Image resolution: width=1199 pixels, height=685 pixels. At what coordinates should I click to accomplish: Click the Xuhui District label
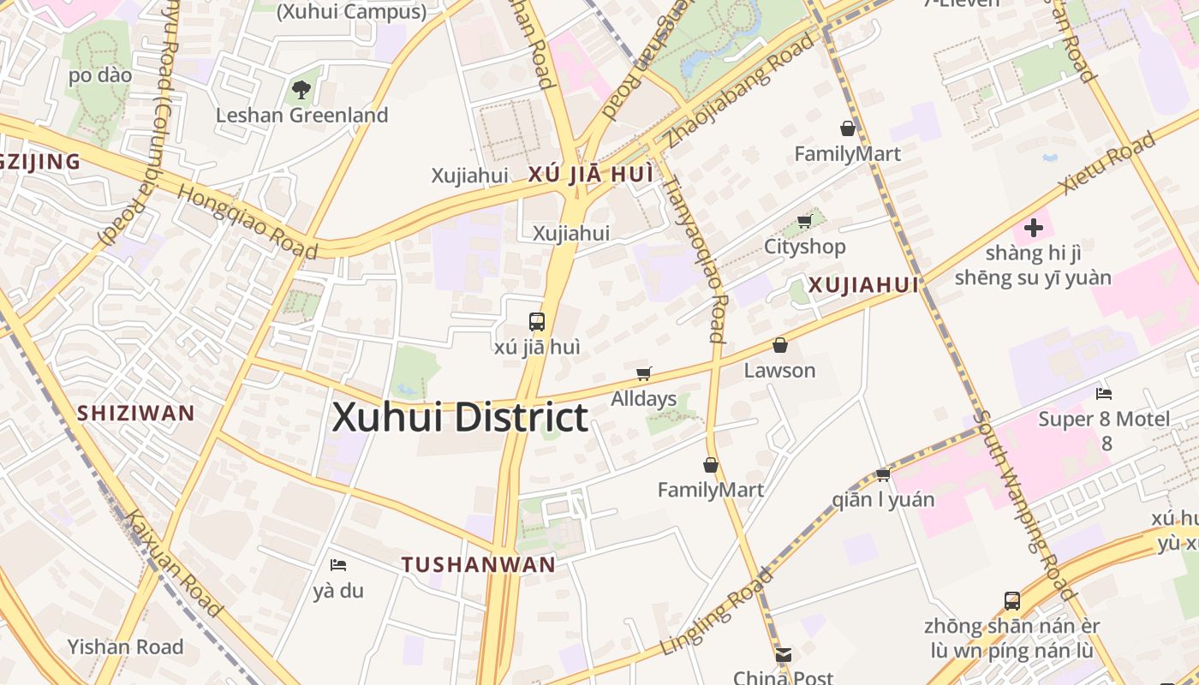(x=460, y=418)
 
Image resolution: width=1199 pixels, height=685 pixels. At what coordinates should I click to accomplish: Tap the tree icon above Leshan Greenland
(x=301, y=88)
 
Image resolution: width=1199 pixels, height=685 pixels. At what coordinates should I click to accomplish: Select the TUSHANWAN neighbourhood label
(x=479, y=564)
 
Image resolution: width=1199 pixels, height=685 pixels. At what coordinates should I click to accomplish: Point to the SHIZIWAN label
(x=136, y=413)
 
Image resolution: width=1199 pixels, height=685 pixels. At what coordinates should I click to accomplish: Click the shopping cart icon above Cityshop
(x=804, y=222)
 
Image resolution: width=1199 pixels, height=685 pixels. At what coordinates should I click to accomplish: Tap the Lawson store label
(x=779, y=371)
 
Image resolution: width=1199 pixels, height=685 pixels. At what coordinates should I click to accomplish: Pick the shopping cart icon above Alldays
(x=643, y=373)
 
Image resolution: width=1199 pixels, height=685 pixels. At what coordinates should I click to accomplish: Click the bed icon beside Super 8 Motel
(x=1104, y=394)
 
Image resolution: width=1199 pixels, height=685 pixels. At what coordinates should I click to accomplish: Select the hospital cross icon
(x=1034, y=228)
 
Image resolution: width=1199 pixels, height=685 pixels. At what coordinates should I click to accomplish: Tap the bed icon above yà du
(x=338, y=565)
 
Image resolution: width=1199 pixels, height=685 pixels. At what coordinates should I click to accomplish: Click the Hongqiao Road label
(x=248, y=221)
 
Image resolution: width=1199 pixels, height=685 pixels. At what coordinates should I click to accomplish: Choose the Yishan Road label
(x=125, y=646)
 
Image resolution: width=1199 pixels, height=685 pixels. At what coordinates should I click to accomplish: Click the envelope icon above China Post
(x=783, y=655)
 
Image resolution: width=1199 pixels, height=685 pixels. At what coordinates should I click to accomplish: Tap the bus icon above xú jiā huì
(x=537, y=322)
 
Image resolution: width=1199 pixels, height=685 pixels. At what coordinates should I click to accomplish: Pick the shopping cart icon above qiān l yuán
(x=883, y=474)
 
